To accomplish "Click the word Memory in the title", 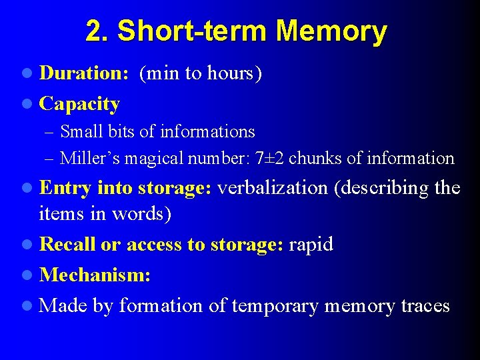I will pos(331,31).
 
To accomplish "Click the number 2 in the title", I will pos(93,31).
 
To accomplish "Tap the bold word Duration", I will pos(83,73).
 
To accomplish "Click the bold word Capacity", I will pos(79,104).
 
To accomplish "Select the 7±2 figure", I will pos(270,159).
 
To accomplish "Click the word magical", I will pos(149,159).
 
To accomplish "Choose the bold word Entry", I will pos(66,188).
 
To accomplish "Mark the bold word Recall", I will pos(67,245).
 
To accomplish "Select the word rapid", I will pos(311,245).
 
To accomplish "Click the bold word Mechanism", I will pos(94,275).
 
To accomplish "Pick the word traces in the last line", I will pos(425,306).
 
